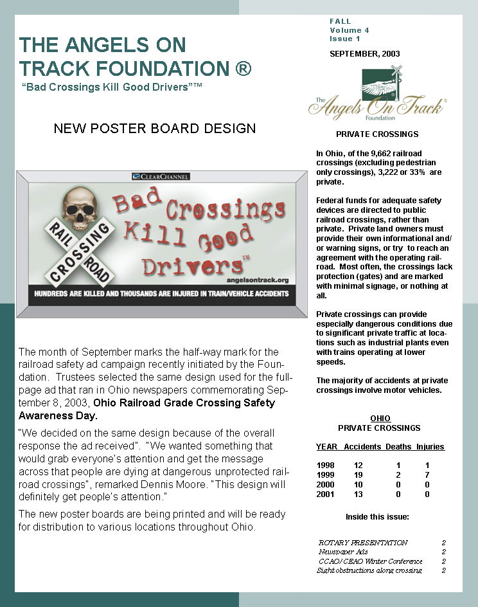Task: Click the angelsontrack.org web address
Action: point(263,280)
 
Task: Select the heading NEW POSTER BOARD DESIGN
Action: point(155,129)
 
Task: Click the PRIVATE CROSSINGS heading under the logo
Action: point(377,134)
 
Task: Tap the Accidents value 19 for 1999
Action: point(358,475)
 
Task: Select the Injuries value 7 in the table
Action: point(427,475)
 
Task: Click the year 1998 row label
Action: point(326,465)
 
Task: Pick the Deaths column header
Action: point(398,447)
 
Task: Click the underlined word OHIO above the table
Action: point(380,419)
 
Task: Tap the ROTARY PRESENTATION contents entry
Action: point(363,543)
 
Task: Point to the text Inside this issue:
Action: point(377,516)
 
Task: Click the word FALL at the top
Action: point(341,22)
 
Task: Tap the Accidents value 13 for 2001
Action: point(358,494)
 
